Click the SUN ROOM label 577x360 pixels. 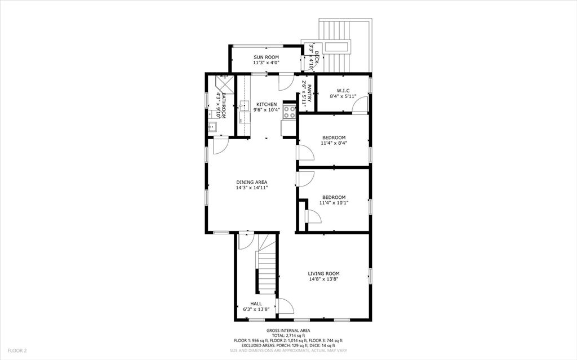266,57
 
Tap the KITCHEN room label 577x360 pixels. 267,105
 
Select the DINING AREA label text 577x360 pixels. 251,182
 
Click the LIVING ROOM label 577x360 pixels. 323,274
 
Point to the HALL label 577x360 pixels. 256,303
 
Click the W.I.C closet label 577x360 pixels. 343,90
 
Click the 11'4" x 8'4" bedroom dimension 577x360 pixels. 334,143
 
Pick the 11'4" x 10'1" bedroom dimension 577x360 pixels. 334,203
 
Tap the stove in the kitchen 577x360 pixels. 290,112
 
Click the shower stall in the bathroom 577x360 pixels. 222,83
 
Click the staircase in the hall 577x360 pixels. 267,270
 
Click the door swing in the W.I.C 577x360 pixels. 361,104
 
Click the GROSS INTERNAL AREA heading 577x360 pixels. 288,331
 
